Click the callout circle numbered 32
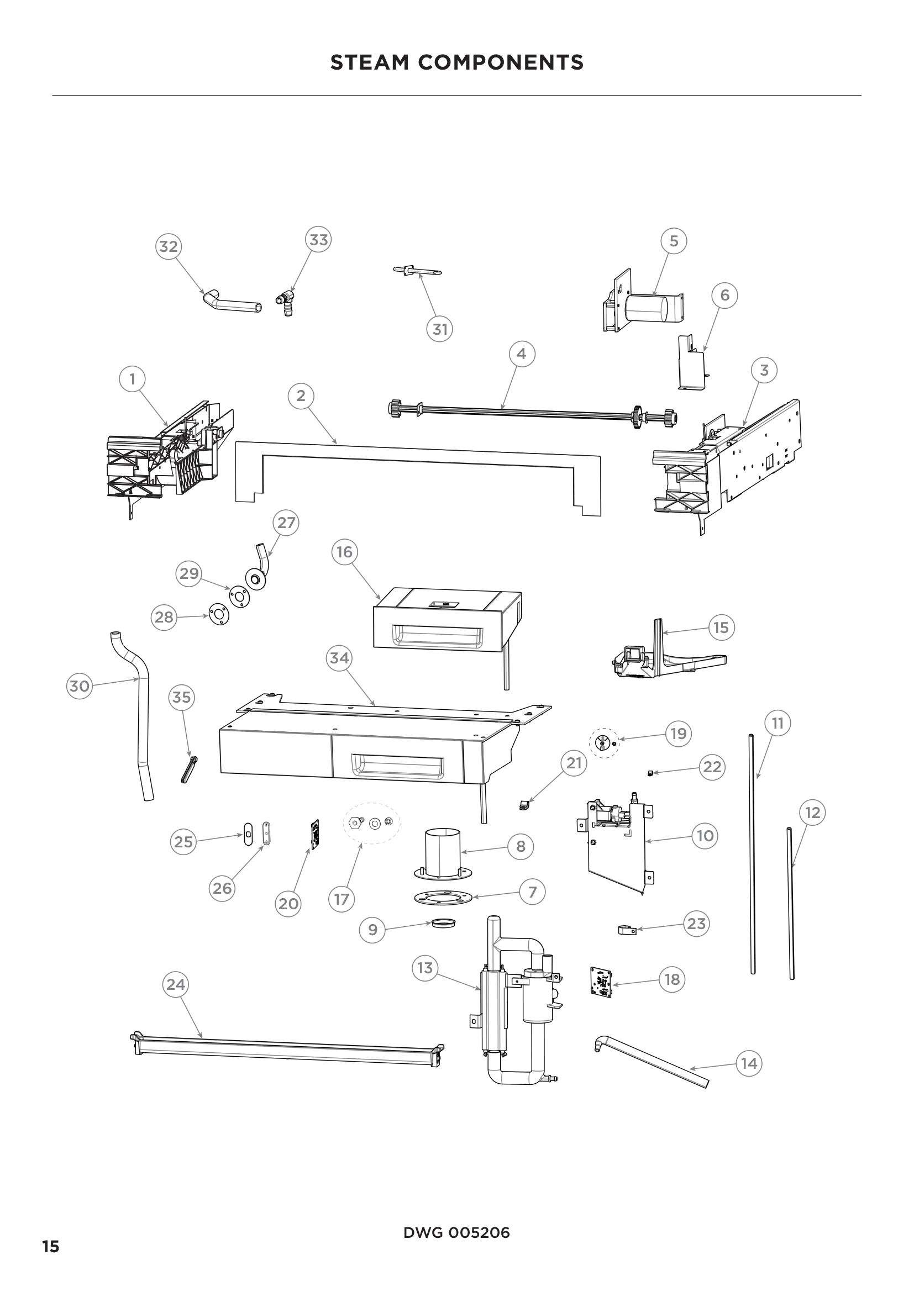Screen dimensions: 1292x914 [x=169, y=246]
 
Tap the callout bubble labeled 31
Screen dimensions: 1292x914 [x=439, y=329]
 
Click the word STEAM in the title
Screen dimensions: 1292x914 [x=369, y=62]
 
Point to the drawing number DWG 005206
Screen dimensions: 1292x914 [x=456, y=1233]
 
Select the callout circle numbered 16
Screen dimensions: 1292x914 [x=344, y=552]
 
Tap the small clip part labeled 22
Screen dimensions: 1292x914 [x=650, y=774]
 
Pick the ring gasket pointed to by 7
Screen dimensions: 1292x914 [x=443, y=898]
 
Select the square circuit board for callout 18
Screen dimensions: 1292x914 [x=601, y=981]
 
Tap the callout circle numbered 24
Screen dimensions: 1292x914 [x=176, y=984]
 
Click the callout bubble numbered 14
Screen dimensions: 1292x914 [x=749, y=1063]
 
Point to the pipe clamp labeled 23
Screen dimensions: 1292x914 [x=627, y=930]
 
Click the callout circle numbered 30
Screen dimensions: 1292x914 [x=80, y=686]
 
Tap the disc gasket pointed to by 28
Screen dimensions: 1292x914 [x=218, y=615]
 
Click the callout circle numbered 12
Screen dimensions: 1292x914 [x=812, y=813]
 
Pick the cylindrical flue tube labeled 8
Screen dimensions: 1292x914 [x=443, y=852]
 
